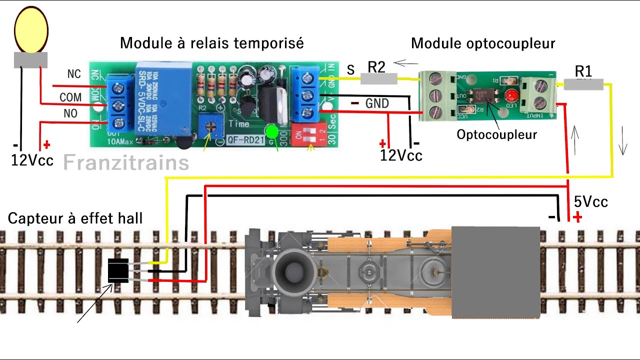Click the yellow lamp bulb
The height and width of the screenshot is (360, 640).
pos(31,30)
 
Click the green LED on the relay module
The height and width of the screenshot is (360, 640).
pos(272,132)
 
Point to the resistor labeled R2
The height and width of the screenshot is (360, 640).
pos(378,78)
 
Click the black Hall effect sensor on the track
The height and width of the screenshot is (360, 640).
pos(118,271)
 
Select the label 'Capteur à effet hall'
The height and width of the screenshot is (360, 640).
pos(75,218)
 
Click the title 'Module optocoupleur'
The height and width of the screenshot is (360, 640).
pos(482,43)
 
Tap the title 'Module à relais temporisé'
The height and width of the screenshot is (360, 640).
pos(211,43)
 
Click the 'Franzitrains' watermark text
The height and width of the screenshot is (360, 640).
pos(126,162)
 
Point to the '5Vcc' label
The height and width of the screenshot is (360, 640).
pos(590,202)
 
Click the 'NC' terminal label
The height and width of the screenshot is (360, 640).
pos(74,74)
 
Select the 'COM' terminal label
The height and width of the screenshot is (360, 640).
pos(70,97)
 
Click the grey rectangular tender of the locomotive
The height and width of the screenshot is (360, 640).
pos(495,272)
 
